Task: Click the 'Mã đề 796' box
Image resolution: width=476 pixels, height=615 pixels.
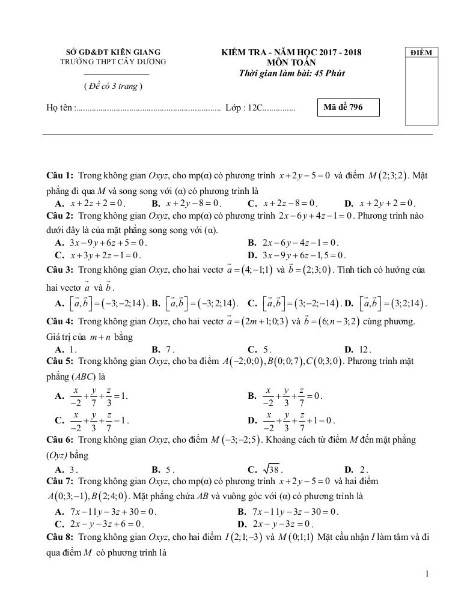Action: (x=348, y=108)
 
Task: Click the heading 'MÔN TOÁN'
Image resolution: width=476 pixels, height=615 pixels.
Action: (x=291, y=62)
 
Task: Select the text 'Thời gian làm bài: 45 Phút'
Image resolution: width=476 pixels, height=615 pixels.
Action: (x=291, y=73)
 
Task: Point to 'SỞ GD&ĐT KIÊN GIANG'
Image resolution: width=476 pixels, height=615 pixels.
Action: (x=113, y=52)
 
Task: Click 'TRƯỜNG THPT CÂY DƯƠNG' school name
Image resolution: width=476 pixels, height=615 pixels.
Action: (x=113, y=61)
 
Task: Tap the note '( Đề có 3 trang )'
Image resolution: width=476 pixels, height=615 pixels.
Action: (x=113, y=86)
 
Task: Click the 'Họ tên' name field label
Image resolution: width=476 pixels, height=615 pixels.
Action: (x=60, y=108)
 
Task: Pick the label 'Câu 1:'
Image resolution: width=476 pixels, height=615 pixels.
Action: (x=60, y=175)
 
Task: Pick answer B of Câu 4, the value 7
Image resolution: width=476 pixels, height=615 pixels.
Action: (x=169, y=349)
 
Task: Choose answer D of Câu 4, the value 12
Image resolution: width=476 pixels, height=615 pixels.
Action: (x=364, y=349)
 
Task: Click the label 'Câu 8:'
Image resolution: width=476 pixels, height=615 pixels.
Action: (x=60, y=536)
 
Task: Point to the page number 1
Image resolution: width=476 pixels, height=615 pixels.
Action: (x=427, y=574)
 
